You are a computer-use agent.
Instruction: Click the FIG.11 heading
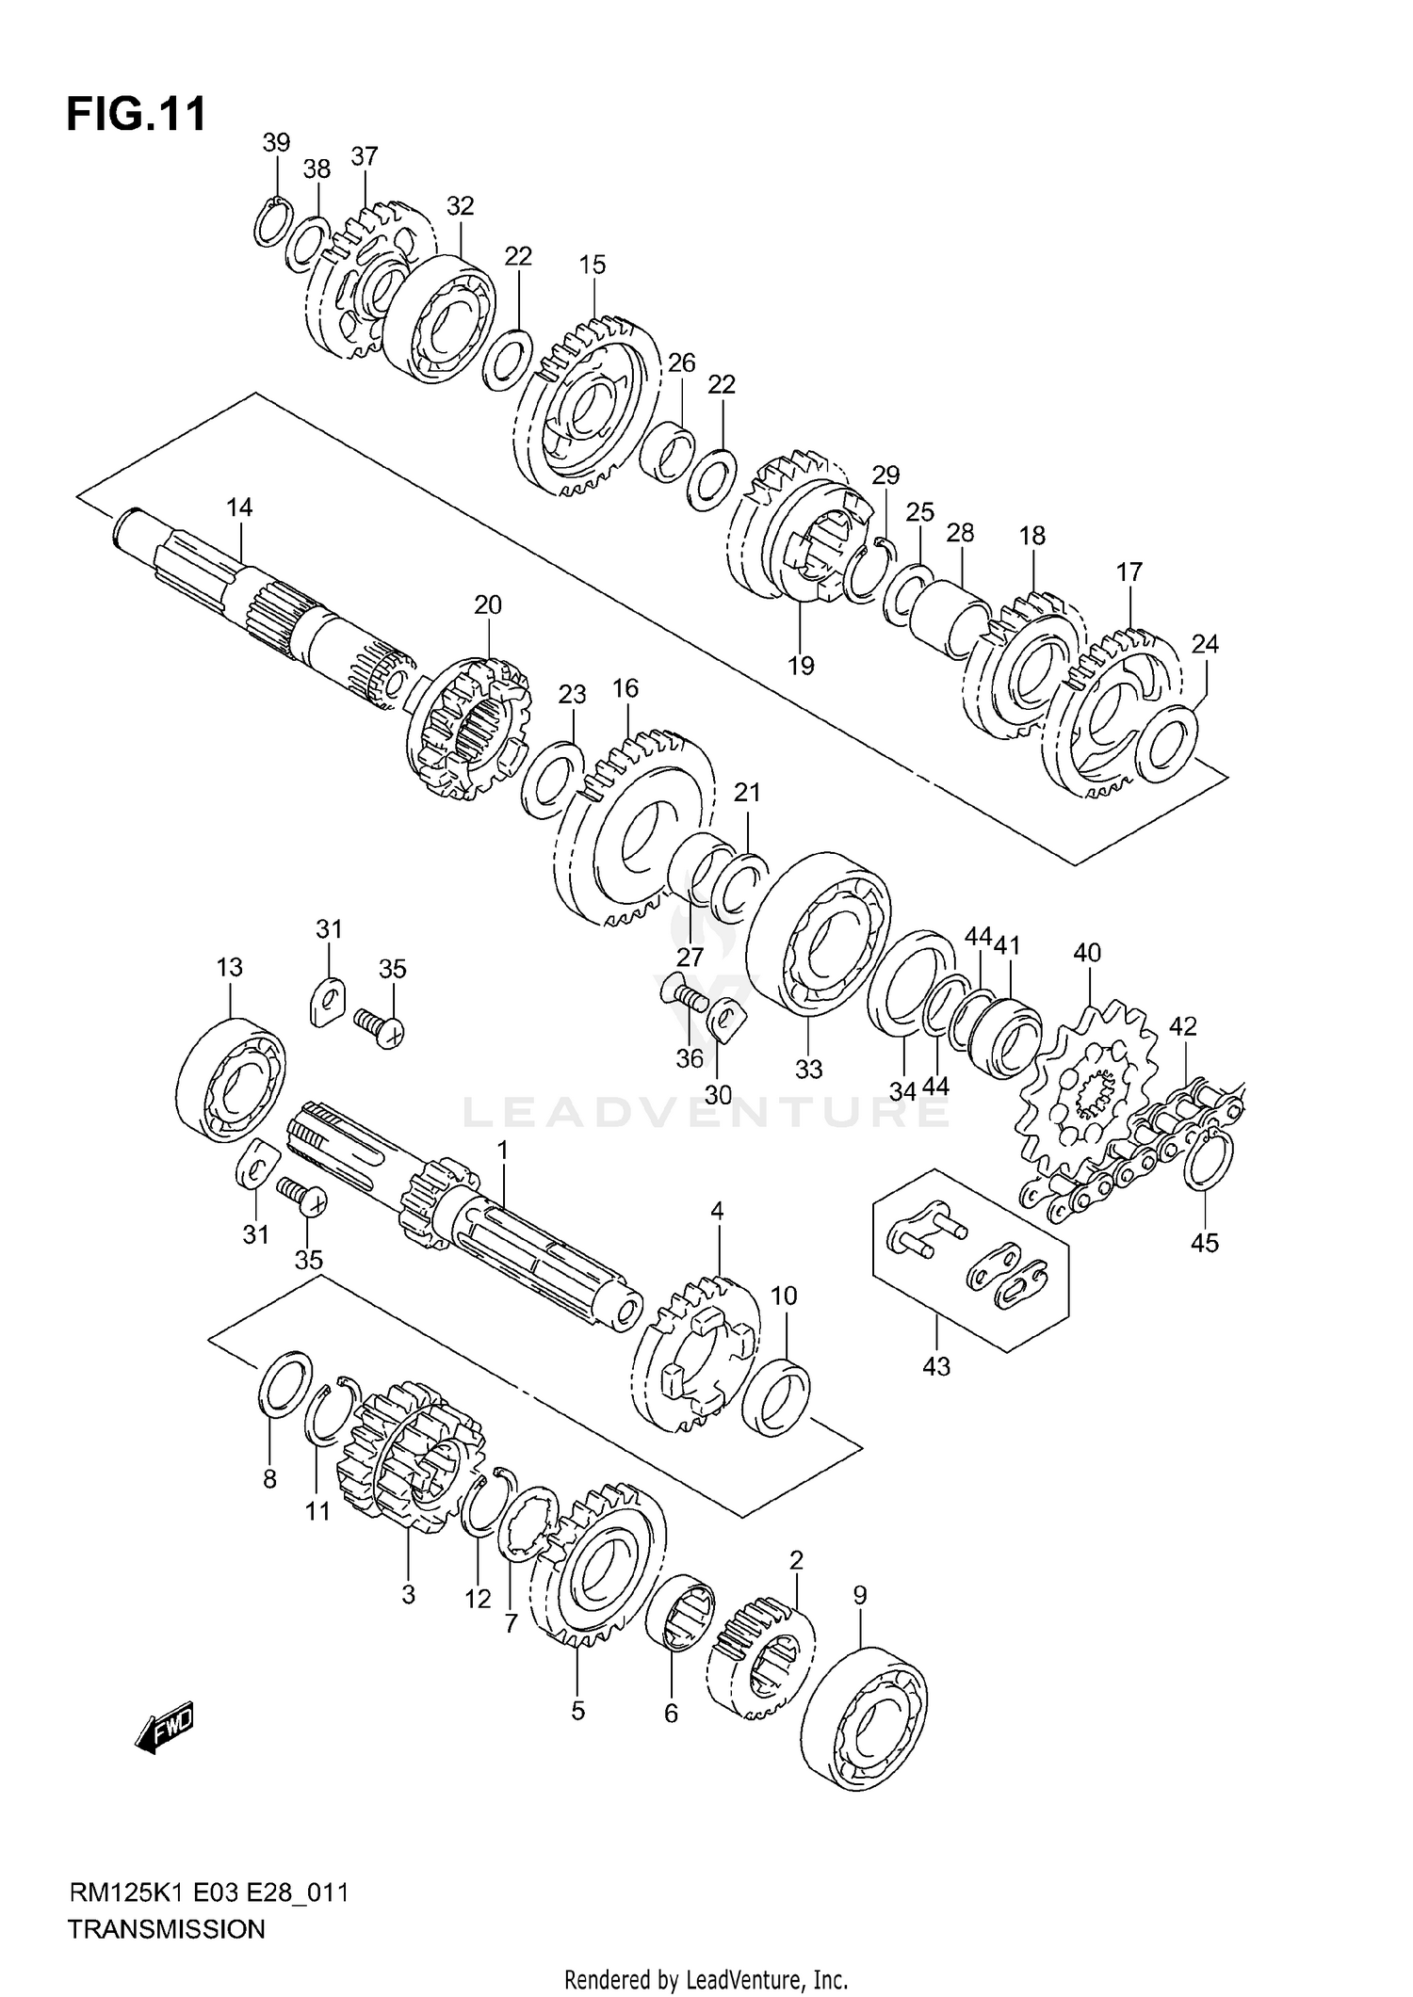point(137,114)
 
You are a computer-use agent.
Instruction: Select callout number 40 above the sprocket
point(1086,953)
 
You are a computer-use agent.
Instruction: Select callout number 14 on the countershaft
point(239,507)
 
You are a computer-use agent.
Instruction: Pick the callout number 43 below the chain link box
point(936,1366)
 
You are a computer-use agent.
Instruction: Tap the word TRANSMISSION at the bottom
point(167,1929)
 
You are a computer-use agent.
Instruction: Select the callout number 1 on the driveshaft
point(503,1151)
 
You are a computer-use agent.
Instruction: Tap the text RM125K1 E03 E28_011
point(208,1892)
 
